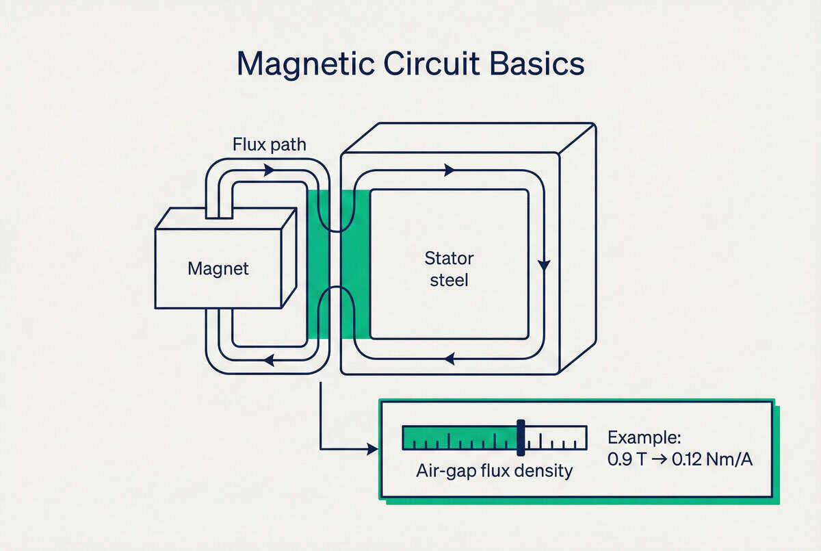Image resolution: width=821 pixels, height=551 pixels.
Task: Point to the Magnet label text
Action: coord(218,268)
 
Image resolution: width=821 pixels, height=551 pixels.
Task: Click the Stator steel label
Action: coord(449,269)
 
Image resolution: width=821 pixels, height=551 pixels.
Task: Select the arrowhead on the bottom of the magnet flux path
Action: coord(269,360)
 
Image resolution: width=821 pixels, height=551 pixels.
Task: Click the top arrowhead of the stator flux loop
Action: coord(449,170)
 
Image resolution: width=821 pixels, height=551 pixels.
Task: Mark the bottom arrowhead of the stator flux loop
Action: coord(449,357)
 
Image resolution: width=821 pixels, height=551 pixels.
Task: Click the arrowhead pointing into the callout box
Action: coord(372,449)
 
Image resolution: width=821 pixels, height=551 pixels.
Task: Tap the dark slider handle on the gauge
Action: coord(521,438)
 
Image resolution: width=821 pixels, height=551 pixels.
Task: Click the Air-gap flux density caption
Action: coord(494,471)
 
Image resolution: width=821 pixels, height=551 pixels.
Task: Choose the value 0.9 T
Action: coord(627,459)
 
